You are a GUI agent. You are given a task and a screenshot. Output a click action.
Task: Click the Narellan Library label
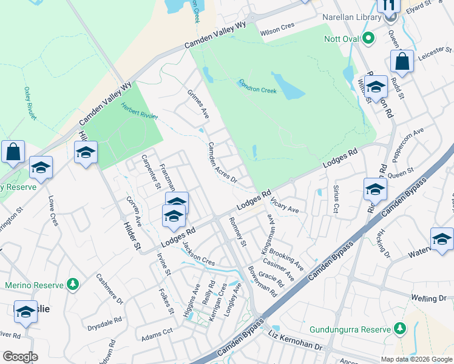(x=351, y=18)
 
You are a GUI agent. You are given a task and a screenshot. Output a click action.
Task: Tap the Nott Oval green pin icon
(x=368, y=40)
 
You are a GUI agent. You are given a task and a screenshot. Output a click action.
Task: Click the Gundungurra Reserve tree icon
(x=399, y=329)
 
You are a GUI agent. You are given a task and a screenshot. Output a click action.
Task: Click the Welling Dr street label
(x=429, y=298)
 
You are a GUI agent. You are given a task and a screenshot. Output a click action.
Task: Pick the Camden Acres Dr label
(x=222, y=162)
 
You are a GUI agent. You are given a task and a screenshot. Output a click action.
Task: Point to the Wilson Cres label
(x=277, y=33)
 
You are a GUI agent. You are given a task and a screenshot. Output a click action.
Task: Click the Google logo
(x=20, y=357)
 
